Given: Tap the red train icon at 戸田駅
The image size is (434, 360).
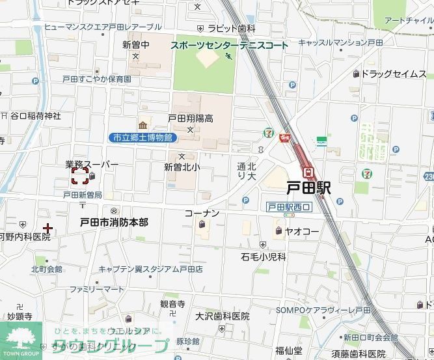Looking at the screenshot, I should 310,173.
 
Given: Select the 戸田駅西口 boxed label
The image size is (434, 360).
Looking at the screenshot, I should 290,207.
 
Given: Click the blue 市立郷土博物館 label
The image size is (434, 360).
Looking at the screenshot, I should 142,137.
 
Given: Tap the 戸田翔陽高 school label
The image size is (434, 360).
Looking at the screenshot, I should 191,119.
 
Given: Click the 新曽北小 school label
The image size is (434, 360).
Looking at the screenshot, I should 182,167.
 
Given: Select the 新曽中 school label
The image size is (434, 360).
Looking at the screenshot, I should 136,45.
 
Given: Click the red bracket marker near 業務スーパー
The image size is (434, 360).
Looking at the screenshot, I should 79,176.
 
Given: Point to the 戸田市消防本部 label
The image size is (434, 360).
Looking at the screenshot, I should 114,223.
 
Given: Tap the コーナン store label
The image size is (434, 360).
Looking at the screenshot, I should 202,214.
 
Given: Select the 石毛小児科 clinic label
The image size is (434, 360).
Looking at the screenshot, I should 263,257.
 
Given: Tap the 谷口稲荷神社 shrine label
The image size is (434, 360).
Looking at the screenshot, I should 35,116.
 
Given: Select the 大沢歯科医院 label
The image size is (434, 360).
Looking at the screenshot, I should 222,316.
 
